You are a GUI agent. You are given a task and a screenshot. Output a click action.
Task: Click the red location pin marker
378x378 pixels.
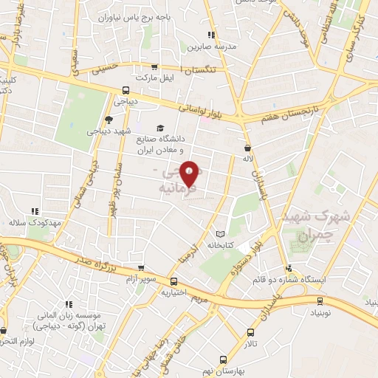190,173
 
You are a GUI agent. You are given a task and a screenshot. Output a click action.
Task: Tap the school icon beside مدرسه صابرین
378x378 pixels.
212,35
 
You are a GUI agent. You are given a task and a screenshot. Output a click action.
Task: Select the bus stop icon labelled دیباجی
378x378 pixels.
126,91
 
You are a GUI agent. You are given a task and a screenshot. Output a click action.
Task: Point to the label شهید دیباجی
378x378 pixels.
109,131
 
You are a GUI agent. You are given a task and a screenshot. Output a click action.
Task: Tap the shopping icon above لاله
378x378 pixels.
247,148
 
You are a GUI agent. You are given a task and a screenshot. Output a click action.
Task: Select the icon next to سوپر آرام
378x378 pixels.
140,268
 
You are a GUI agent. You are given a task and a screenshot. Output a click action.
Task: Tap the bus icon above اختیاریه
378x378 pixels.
174,281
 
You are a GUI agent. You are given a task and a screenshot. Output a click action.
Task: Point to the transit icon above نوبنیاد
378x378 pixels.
319,300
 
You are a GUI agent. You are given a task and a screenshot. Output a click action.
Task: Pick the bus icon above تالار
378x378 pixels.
251,332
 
